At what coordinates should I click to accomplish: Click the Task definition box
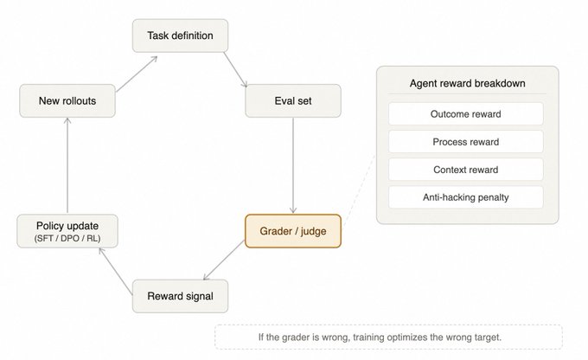tap(180, 35)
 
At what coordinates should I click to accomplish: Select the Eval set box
tap(293, 100)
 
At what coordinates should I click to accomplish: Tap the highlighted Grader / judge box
tap(293, 231)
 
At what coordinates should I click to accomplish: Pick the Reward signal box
tap(180, 296)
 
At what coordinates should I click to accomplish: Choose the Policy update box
tap(67, 231)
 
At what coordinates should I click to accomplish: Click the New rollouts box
tap(67, 100)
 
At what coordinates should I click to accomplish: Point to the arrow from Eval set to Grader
tap(293, 165)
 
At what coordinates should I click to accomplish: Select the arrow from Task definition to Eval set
tap(235, 70)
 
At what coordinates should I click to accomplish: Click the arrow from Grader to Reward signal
tap(223, 260)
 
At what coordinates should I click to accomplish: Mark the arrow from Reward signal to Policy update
tap(116, 271)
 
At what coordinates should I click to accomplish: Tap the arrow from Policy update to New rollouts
tap(67, 165)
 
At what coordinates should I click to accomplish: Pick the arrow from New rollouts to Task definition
tap(137, 74)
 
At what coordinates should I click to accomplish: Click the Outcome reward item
tap(466, 114)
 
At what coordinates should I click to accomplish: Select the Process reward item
tap(466, 142)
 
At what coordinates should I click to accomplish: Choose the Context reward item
tap(466, 170)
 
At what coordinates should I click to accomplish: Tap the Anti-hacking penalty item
tap(466, 197)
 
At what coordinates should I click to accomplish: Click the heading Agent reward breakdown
tap(467, 83)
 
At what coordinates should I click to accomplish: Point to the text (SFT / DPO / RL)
tap(67, 238)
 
